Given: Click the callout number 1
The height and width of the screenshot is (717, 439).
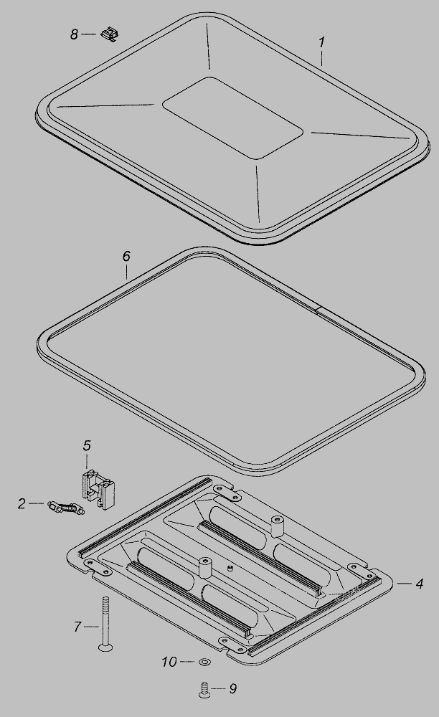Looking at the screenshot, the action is click(x=322, y=42).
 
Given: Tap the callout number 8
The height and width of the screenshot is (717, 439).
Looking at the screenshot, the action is click(x=74, y=34).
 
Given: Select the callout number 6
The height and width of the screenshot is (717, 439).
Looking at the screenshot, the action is click(x=126, y=256).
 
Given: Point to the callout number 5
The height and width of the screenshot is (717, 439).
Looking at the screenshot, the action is click(x=87, y=445).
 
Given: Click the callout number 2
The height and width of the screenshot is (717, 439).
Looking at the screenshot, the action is click(x=22, y=503).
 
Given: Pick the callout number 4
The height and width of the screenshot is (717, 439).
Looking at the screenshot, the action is click(x=419, y=584).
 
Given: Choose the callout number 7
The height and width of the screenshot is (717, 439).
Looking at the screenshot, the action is click(x=77, y=626).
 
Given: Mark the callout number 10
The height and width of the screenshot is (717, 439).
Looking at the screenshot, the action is click(x=169, y=662).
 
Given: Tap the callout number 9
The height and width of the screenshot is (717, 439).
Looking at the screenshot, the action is click(x=232, y=688).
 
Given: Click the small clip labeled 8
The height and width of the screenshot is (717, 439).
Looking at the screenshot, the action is click(x=109, y=34).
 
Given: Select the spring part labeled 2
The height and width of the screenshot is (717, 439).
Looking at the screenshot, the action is click(x=65, y=508).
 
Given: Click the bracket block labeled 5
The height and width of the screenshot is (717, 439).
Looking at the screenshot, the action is click(x=98, y=488).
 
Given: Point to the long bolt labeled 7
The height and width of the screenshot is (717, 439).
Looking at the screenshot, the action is click(x=106, y=623).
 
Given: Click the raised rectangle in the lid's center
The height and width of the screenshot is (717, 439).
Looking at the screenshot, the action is click(x=232, y=118).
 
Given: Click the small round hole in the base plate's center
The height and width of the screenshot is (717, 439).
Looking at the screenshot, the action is click(x=230, y=568).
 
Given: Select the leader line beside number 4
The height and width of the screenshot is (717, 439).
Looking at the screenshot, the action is click(x=404, y=583).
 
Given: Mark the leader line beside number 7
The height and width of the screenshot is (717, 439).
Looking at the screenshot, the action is click(x=92, y=626).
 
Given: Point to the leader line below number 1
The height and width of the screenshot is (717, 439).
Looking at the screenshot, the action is click(x=322, y=58).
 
